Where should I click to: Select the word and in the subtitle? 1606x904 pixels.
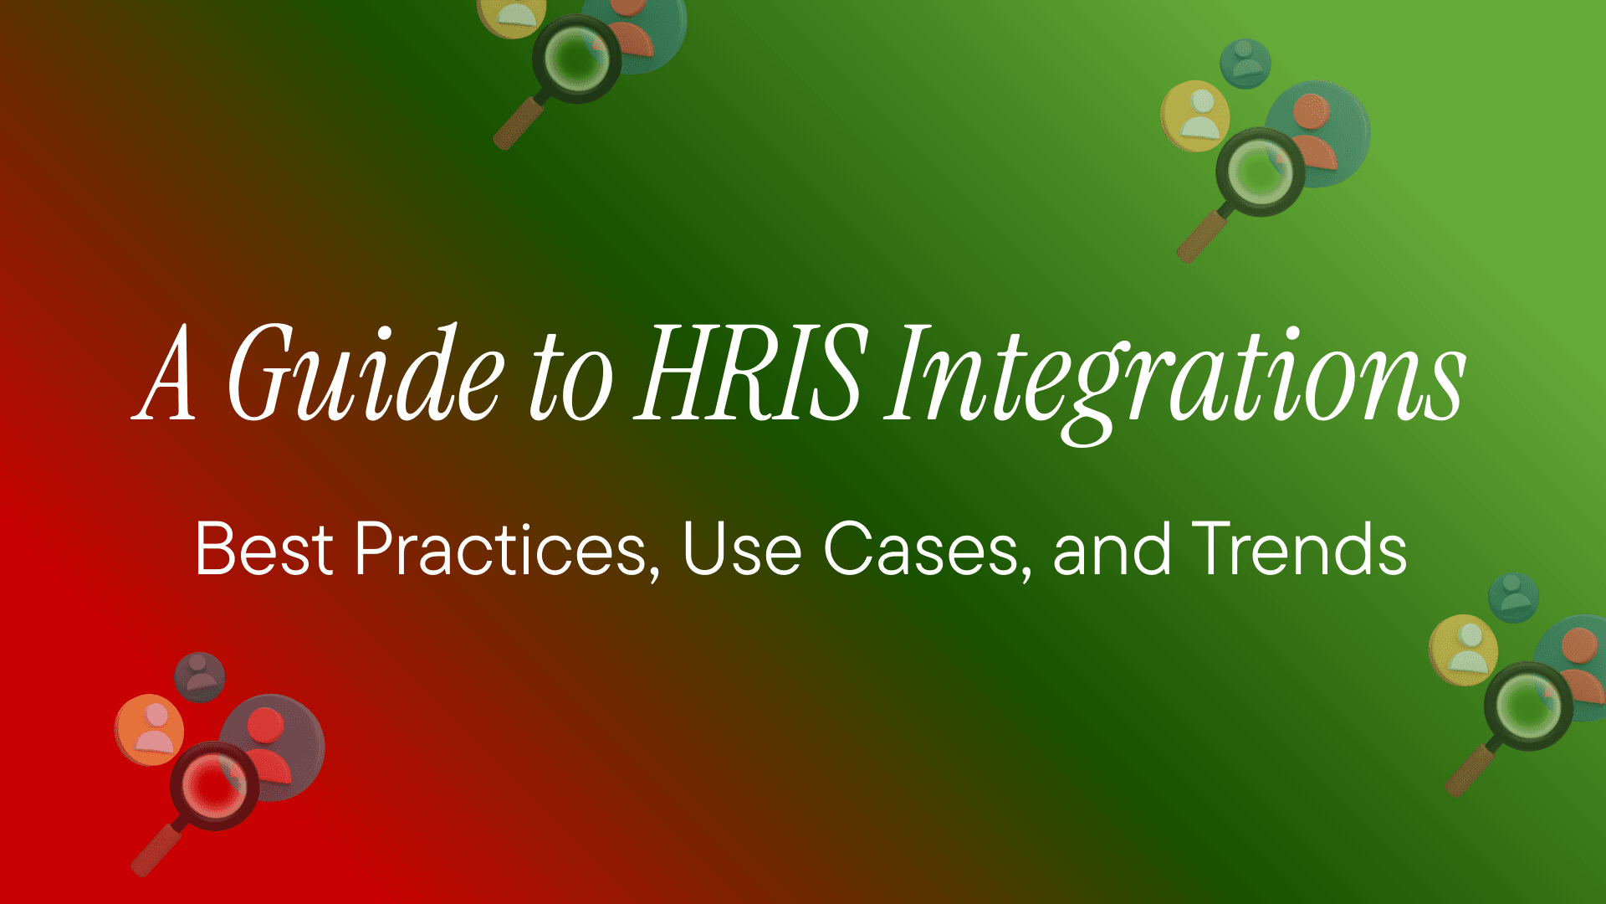pyautogui.click(x=1112, y=550)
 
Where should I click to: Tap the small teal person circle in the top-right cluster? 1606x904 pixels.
pyautogui.click(x=1245, y=63)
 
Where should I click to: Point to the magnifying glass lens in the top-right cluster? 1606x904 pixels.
pyautogui.click(x=1260, y=172)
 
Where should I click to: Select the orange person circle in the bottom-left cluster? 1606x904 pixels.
pyautogui.click(x=150, y=729)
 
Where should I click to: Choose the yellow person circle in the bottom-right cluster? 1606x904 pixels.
pyautogui.click(x=1463, y=650)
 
